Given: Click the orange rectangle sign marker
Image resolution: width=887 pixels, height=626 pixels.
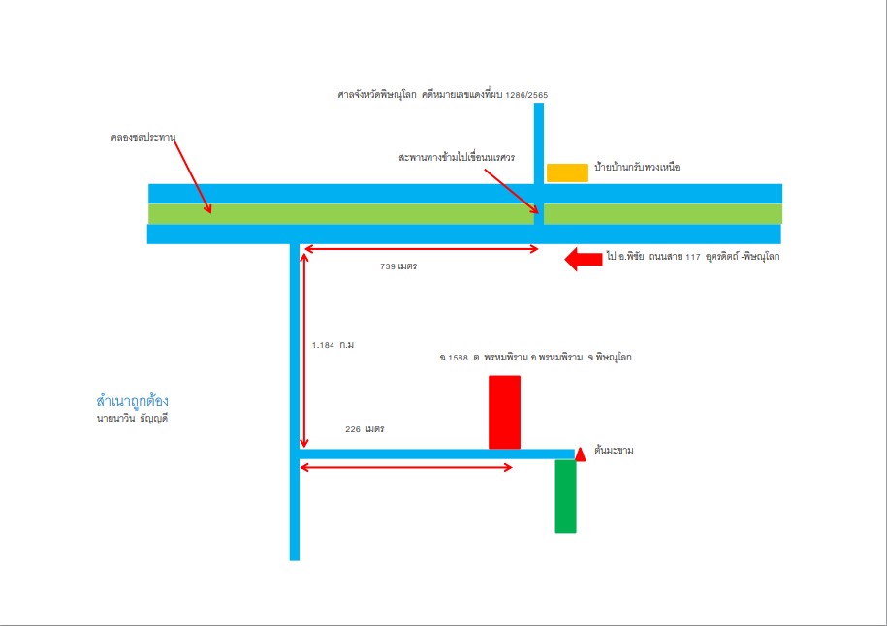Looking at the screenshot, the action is [x=567, y=173].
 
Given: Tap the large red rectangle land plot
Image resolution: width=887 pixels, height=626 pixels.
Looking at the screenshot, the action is [x=505, y=412].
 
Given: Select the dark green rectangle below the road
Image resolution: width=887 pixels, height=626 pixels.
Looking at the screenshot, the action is [x=566, y=496].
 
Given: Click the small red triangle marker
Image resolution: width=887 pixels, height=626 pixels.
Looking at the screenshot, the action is [x=581, y=454].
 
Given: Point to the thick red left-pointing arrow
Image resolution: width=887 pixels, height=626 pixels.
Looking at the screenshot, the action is [x=584, y=259].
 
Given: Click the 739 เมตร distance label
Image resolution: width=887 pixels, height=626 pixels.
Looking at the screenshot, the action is [x=398, y=266].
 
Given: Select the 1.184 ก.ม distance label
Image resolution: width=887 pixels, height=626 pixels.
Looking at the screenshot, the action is [x=333, y=345].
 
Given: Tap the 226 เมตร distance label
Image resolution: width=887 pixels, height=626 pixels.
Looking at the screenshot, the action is [x=364, y=429].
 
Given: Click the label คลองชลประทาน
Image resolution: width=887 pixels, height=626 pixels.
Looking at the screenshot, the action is [x=143, y=138].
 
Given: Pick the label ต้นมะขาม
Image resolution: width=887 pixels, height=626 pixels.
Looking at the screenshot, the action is [x=614, y=451].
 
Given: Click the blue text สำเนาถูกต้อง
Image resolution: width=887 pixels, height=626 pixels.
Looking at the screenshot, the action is [x=133, y=401].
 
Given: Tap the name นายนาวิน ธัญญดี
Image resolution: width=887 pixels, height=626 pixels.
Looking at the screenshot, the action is [x=133, y=419].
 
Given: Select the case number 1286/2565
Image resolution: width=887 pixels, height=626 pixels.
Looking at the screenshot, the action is [x=526, y=95].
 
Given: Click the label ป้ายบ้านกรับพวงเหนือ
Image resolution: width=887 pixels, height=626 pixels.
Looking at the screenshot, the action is [x=637, y=168].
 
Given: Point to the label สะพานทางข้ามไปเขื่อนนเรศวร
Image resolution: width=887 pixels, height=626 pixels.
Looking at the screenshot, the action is [x=457, y=157].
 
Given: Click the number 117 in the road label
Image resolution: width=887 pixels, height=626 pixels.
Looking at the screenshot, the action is [x=693, y=257].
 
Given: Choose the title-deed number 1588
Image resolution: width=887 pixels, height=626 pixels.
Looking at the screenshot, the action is [x=459, y=358].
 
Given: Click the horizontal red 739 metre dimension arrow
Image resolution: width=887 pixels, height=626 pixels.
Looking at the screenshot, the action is [x=422, y=249].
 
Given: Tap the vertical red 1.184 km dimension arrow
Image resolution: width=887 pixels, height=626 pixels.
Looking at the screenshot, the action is [x=303, y=351].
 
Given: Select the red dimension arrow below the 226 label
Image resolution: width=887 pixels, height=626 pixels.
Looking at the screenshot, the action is [x=406, y=467].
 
